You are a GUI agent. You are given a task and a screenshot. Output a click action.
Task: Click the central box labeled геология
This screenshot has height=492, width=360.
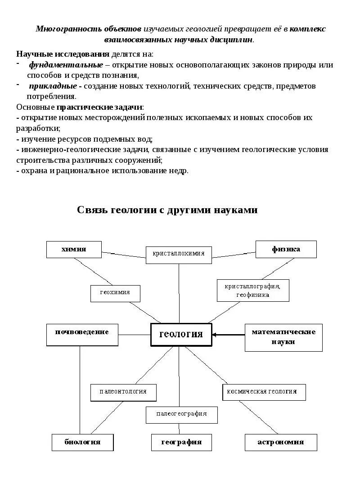[181, 335]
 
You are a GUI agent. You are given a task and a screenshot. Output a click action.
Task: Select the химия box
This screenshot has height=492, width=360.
[74, 249]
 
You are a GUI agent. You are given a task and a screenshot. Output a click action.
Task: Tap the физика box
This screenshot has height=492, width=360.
[286, 249]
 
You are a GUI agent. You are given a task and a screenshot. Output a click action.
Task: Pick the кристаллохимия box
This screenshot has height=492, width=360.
[179, 254]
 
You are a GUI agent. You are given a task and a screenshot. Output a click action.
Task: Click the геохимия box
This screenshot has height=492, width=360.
[115, 293]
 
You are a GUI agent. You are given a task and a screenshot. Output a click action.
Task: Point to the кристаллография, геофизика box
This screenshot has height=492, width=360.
[252, 291]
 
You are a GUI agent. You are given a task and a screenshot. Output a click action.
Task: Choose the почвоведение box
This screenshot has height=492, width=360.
[82, 334]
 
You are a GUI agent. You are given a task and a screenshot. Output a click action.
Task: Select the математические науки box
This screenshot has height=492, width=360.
[283, 337]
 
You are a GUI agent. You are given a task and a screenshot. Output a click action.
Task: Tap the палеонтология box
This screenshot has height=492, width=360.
[123, 392]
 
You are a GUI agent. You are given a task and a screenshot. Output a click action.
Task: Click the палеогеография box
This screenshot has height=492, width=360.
[181, 415]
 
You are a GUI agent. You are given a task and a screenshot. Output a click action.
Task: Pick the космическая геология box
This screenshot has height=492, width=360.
[264, 392]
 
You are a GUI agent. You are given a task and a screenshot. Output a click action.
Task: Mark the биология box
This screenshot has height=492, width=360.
[82, 442]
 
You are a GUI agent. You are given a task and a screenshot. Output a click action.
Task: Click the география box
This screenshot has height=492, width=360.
[181, 442]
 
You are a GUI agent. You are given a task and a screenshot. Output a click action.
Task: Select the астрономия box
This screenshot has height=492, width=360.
[280, 442]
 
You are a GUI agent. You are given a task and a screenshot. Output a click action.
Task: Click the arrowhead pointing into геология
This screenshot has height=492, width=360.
[214, 335]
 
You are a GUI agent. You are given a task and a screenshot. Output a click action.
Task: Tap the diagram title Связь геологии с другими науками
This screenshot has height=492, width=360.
[167, 210]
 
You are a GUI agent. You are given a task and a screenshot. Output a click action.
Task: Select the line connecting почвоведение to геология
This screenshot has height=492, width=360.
[134, 335]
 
